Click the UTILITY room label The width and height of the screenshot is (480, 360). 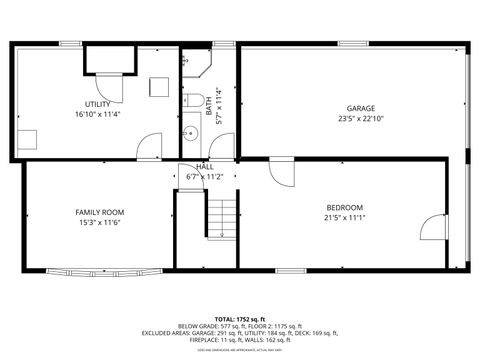(97, 104)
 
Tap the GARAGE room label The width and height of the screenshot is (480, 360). (361, 108)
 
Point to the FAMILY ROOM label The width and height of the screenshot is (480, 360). (100, 212)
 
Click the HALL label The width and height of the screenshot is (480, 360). (205, 167)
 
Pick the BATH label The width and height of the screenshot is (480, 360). (209, 103)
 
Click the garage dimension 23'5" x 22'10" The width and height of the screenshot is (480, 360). (361, 118)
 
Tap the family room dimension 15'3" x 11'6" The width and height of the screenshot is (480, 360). (100, 222)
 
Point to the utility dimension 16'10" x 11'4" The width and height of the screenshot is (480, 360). (97, 114)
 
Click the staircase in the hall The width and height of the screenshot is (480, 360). (221, 217)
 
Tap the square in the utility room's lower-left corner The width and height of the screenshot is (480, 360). (29, 139)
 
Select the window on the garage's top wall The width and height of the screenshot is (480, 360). (352, 44)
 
